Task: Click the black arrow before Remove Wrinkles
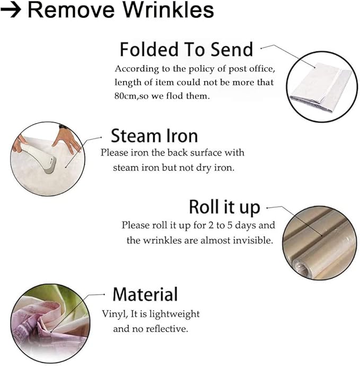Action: click(11, 10)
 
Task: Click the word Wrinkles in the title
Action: click(168, 10)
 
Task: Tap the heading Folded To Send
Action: click(186, 49)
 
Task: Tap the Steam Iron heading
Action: click(154, 136)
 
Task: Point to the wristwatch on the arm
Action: click(63, 127)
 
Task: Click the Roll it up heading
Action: click(224, 207)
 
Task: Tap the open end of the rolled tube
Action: click(302, 267)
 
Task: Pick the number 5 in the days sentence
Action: click(230, 225)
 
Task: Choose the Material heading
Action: click(145, 294)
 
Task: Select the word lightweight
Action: click(174, 314)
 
